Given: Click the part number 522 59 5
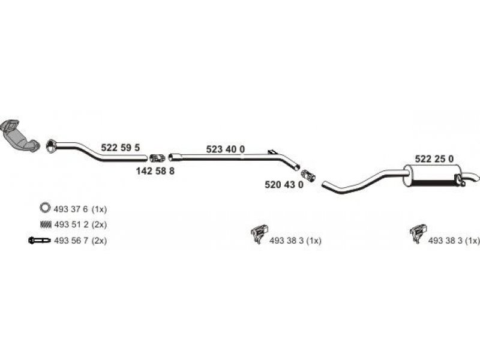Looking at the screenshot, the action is point(121,148).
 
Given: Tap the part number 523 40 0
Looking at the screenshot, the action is point(226,149).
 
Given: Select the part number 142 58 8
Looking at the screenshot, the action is point(155,171).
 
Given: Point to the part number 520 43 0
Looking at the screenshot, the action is point(284,185).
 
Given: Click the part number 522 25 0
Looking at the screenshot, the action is point(434,159).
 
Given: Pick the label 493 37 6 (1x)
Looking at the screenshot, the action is point(80,209).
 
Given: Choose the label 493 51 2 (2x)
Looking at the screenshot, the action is point(80,224).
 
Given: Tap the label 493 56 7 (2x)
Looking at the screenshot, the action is point(80,241).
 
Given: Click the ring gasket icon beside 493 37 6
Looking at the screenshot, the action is point(44,207).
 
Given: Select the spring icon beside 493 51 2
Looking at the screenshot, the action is point(45,224).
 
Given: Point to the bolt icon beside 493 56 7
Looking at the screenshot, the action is point(39,241).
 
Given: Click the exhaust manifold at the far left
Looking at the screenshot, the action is point(19,136).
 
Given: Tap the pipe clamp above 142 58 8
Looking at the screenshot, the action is point(157,158).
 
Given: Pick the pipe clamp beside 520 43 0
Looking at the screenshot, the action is point(308,176).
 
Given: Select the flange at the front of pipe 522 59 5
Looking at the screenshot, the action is point(51,146).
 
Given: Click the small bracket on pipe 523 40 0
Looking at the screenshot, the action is point(272,152).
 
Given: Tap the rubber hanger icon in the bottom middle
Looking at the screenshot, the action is point(259,233).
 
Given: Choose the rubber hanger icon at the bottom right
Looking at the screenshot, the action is point(418,233).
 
